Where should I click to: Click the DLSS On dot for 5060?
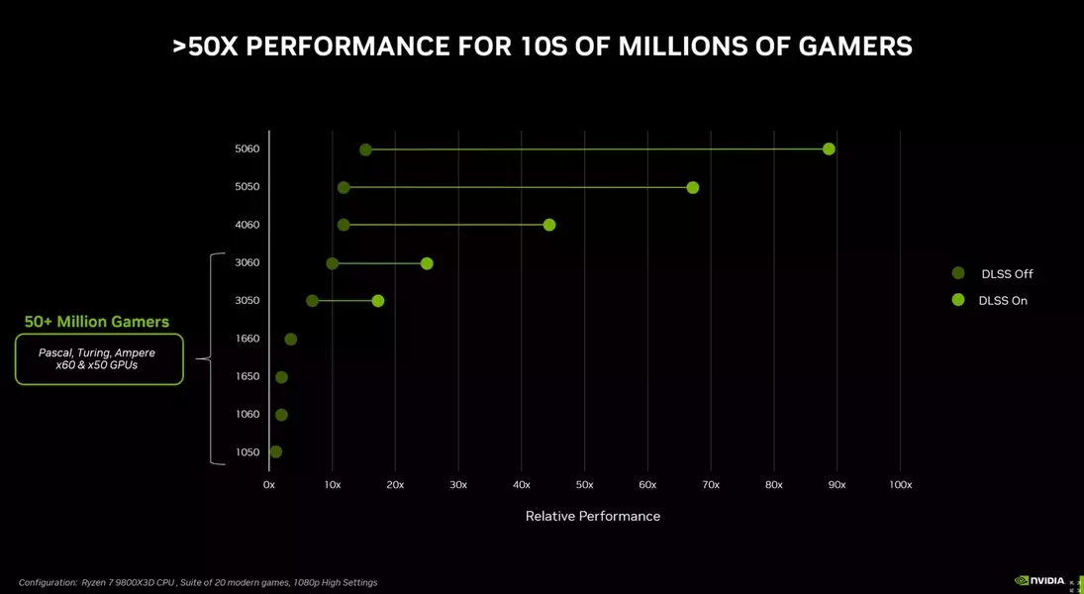point(829,149)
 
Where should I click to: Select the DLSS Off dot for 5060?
point(365,149)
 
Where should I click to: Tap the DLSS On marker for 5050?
point(692,187)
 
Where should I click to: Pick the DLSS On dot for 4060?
point(549,225)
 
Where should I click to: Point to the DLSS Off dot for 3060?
point(333,263)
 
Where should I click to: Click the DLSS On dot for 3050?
point(378,301)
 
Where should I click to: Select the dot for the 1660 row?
point(290,340)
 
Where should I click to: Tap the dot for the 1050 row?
point(276,452)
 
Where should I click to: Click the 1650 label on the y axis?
point(247,376)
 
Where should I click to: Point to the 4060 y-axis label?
point(247,225)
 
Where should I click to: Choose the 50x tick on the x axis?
point(584,485)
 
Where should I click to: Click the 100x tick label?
point(900,485)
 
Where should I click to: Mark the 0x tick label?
point(269,485)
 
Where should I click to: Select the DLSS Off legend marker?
point(957,273)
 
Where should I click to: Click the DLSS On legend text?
point(1003,301)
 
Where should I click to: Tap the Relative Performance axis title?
point(592,516)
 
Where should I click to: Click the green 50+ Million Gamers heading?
point(97,322)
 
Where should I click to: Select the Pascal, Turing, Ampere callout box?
point(99,359)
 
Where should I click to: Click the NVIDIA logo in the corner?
point(1039,581)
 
